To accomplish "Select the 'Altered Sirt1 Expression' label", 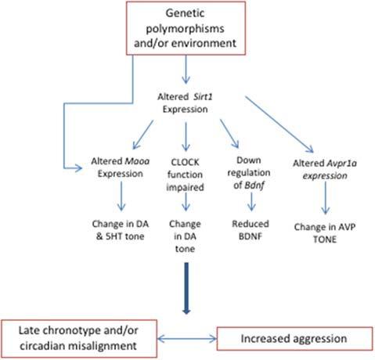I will (186, 101).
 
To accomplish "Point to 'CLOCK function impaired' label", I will (186, 173).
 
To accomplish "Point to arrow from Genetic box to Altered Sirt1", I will (185, 72).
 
